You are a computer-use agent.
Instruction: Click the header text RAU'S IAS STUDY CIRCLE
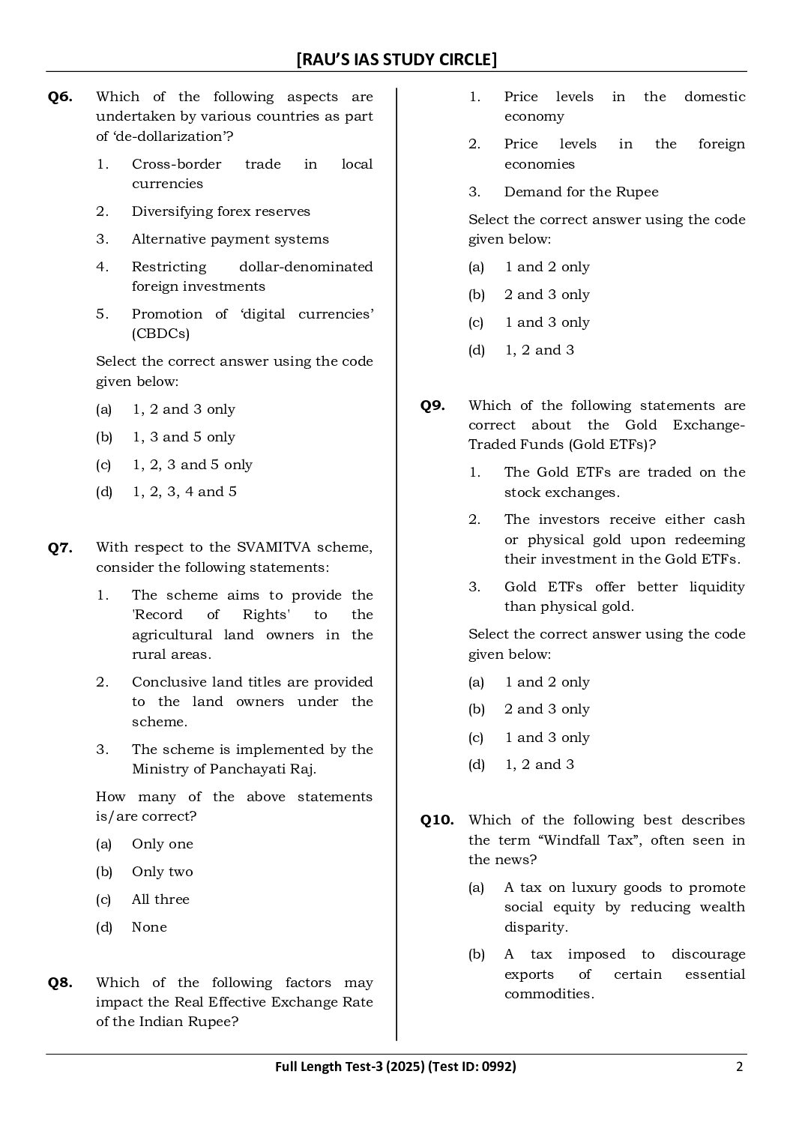coord(396,59)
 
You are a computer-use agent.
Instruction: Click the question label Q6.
coord(60,97)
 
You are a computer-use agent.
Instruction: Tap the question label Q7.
coord(60,548)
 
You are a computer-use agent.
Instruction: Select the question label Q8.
coord(60,983)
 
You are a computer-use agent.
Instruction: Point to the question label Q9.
coord(432,405)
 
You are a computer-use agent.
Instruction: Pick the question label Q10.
coord(437,820)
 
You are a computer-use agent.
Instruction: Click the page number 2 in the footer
coord(739,1067)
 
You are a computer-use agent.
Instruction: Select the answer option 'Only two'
coord(162,872)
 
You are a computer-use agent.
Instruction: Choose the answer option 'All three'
coord(160,899)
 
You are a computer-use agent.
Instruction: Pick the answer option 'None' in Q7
coord(149,927)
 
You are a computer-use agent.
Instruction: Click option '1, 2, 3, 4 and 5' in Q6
coord(184,492)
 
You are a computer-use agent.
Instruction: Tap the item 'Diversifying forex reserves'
coord(220,211)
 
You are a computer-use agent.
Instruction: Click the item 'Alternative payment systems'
coord(230,239)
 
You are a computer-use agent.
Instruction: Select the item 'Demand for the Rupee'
coord(581,192)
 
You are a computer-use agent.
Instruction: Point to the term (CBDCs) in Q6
coord(160,334)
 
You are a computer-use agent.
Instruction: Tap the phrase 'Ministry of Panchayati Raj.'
coord(224,769)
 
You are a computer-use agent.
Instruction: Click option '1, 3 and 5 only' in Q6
coord(184,437)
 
